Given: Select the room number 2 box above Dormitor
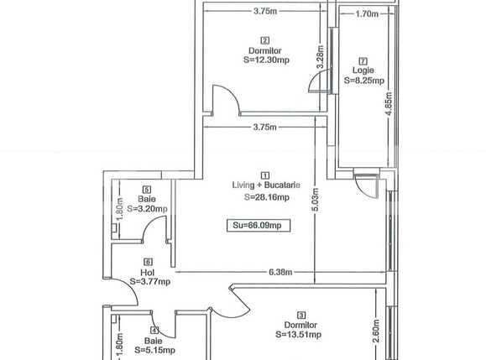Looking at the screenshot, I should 265,40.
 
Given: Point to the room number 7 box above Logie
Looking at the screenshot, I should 363,60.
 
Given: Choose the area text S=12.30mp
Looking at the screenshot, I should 265,60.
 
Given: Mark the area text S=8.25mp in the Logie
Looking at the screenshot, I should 364,81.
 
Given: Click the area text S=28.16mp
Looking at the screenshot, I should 266,197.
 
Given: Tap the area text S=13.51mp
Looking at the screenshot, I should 298,334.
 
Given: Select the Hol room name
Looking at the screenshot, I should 147,272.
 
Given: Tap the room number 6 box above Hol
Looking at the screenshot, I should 147,262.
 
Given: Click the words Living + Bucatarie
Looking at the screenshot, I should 265,185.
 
